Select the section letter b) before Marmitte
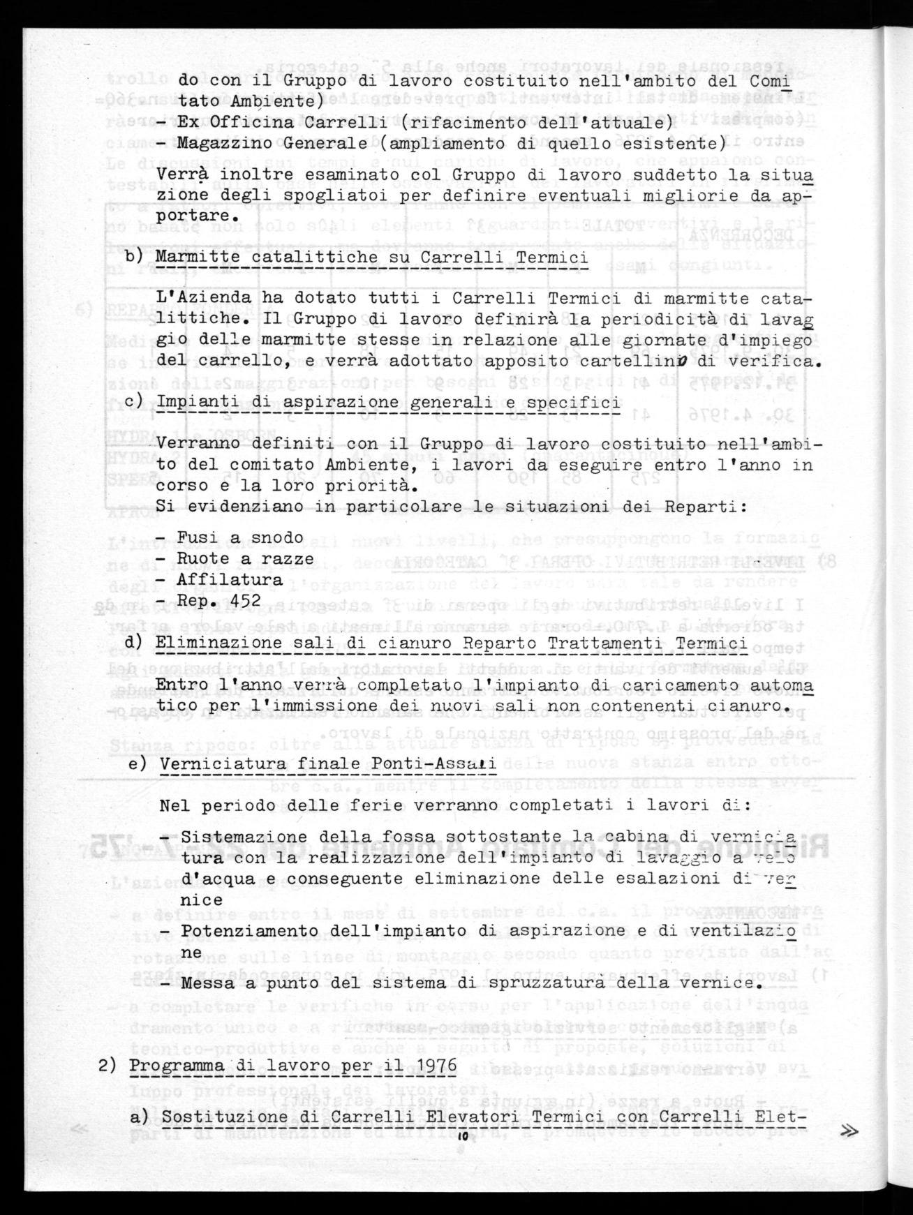(134, 258)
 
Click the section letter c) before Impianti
(134, 403)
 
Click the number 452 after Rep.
(244, 600)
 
